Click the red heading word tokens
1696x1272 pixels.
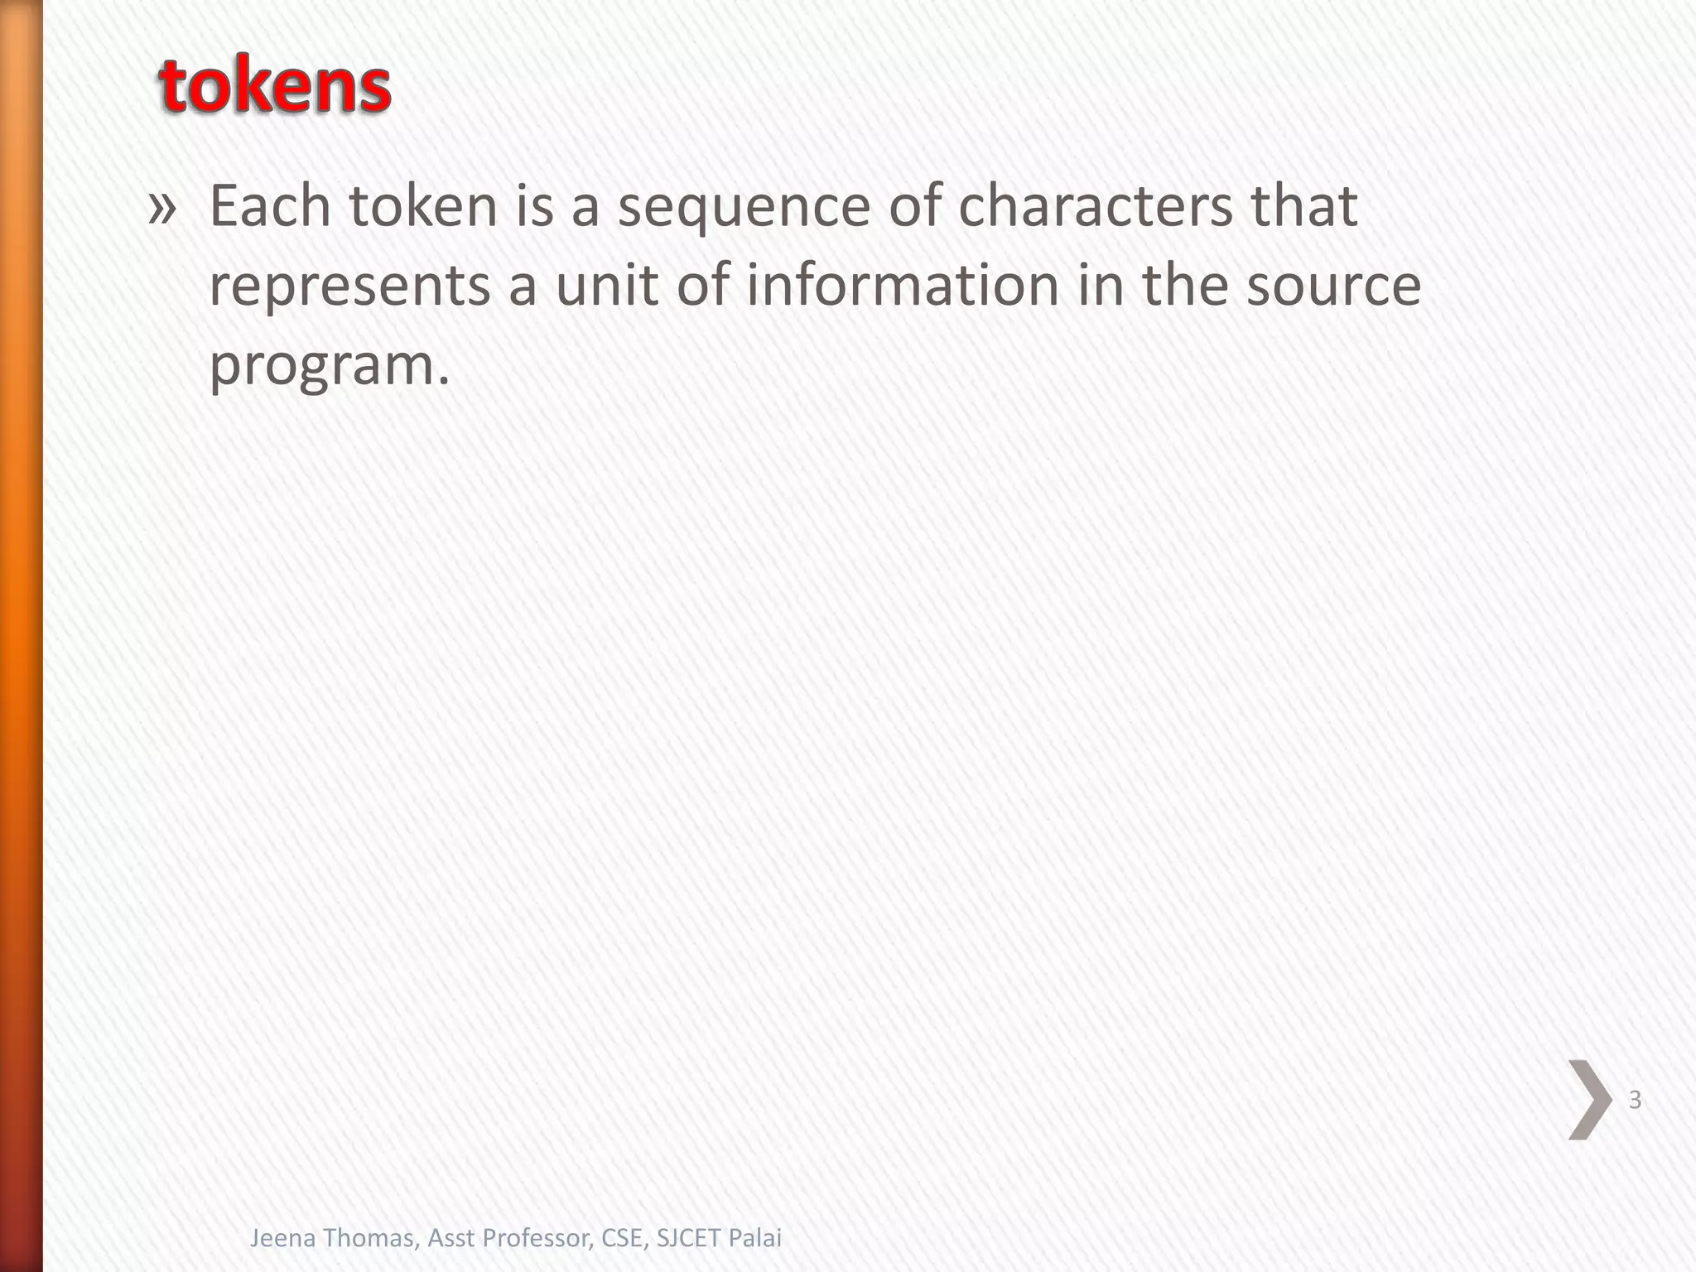pyautogui.click(x=274, y=88)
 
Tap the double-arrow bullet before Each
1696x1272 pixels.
pyautogui.click(x=162, y=208)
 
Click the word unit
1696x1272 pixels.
pyautogui.click(x=605, y=285)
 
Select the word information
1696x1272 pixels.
pyautogui.click(x=903, y=285)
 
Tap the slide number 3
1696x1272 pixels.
pyautogui.click(x=1635, y=1100)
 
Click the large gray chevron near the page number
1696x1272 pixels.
pyautogui.click(x=1589, y=1100)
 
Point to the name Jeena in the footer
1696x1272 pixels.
pyautogui.click(x=283, y=1237)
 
